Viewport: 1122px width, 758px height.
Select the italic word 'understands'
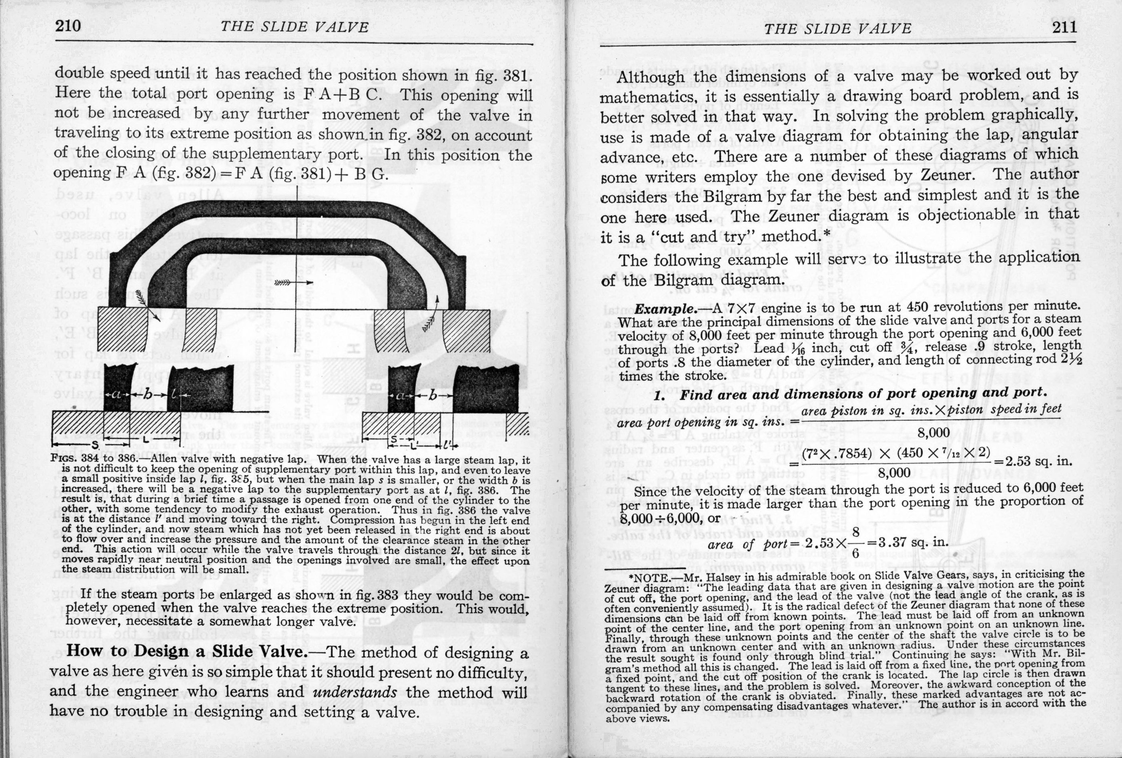point(355,692)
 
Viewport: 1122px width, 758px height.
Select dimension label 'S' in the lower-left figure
point(95,444)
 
